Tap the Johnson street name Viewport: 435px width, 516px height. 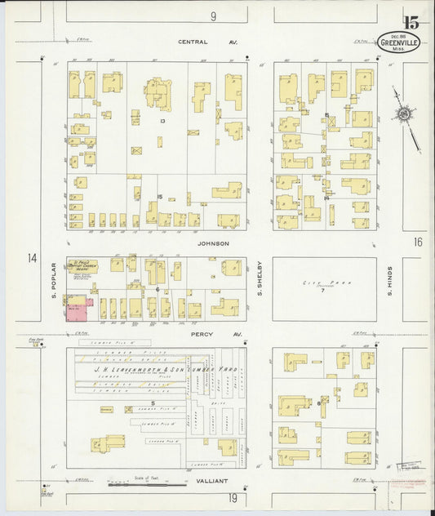(213, 243)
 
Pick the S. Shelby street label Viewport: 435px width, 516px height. (260, 278)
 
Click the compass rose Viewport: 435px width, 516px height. (403, 114)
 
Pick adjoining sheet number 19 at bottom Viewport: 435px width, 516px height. (233, 498)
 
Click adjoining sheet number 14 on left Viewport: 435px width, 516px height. (31, 259)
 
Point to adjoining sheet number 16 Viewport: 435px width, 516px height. (418, 242)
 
